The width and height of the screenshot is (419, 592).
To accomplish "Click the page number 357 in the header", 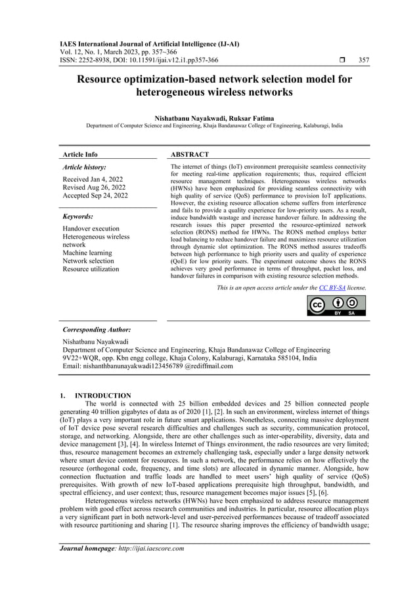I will click(363, 60).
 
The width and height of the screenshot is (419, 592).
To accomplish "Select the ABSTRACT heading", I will click(190, 154).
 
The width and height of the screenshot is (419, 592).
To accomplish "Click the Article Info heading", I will click(79, 154).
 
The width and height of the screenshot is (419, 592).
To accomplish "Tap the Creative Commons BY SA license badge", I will click(337, 306).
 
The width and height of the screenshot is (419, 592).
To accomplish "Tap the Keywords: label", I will click(77, 216).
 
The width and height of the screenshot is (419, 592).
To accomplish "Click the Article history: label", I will click(84, 167).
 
